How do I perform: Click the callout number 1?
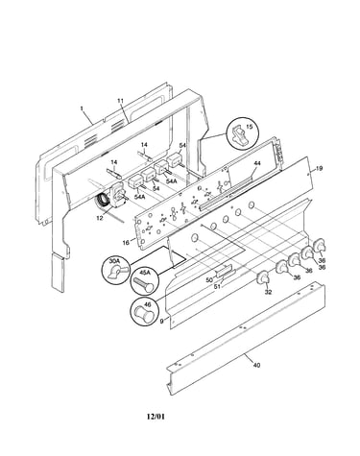pyautogui.click(x=82, y=108)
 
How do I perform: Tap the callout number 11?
pyautogui.click(x=120, y=101)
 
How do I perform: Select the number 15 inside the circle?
pyautogui.click(x=250, y=127)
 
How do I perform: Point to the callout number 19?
pyautogui.click(x=319, y=168)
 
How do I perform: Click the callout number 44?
pyautogui.click(x=257, y=163)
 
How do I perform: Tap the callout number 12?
pyautogui.click(x=100, y=218)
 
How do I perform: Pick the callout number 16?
pyautogui.click(x=126, y=243)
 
